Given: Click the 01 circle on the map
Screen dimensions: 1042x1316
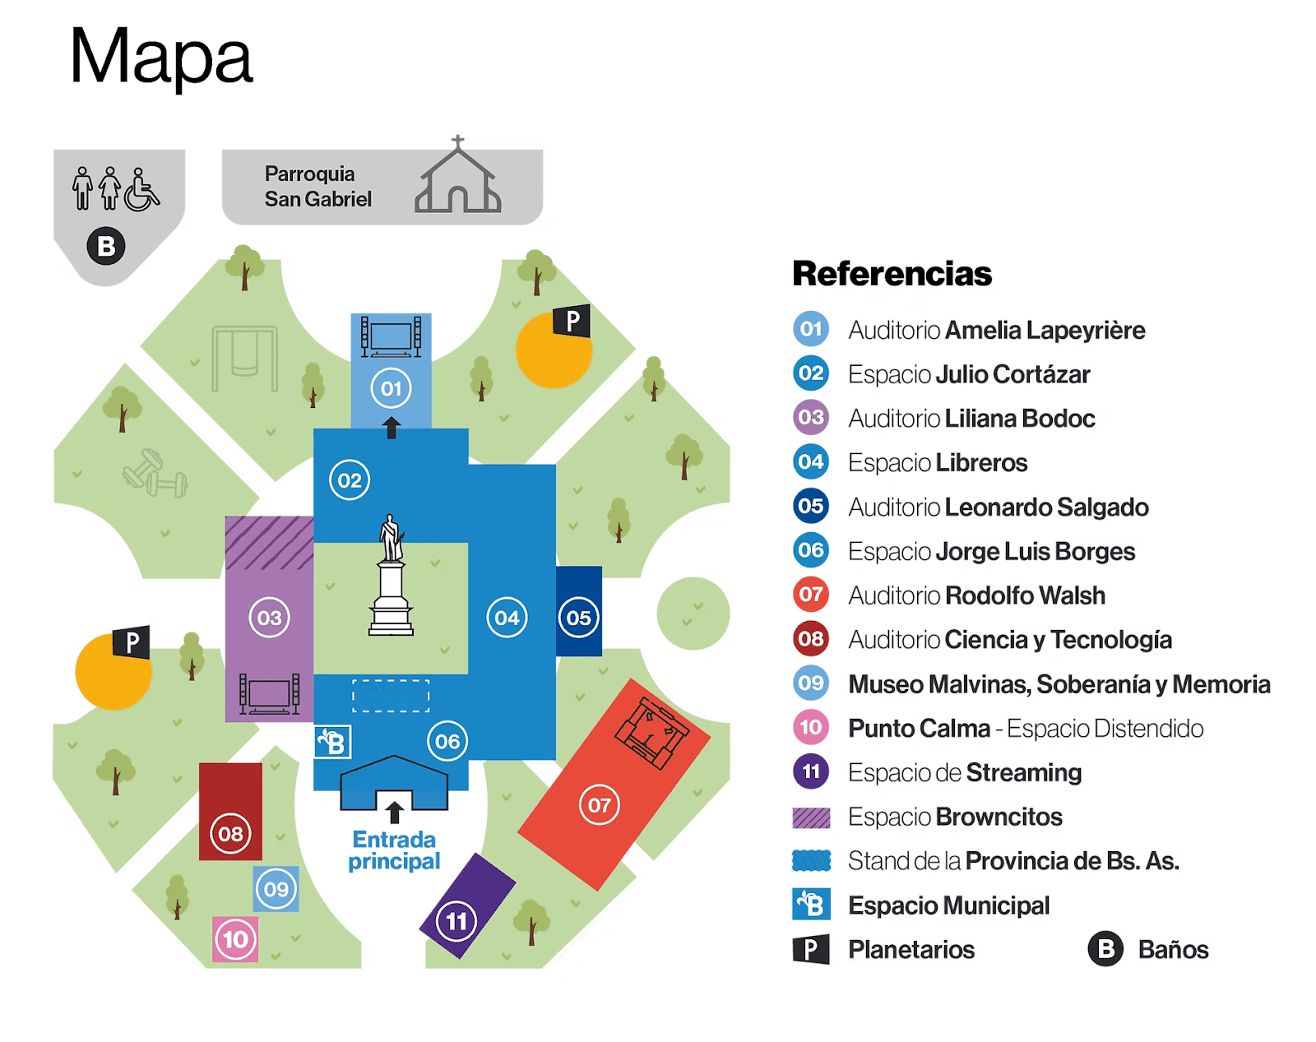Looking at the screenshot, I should (391, 388).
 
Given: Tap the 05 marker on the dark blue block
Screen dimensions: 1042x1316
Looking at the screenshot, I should (578, 618).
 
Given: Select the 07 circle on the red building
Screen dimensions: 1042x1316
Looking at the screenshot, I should (599, 805).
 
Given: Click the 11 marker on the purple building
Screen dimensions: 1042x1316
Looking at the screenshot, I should (456, 920).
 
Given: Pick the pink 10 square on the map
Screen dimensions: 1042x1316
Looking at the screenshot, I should (235, 939).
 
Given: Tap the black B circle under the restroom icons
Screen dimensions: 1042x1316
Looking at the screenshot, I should (106, 246).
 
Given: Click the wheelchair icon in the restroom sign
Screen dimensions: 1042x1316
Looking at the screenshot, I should (142, 190).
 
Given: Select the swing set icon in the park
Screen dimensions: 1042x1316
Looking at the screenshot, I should (244, 359).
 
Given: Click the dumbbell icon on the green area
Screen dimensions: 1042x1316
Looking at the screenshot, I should (155, 474).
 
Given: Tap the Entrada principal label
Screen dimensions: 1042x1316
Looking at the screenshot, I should (394, 850).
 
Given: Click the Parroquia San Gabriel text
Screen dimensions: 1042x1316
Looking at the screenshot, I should (317, 187).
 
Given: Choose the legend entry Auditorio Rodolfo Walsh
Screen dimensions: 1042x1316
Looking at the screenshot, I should (976, 595).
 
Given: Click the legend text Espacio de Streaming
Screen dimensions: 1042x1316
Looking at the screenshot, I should (964, 773).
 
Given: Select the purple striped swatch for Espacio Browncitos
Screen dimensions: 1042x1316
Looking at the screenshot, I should (811, 817).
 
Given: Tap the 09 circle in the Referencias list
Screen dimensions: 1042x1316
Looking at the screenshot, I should (811, 683).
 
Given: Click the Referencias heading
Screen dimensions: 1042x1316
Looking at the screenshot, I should (892, 274).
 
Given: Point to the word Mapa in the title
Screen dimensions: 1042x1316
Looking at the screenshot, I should (160, 58).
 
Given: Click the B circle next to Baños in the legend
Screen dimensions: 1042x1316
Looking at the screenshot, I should (1105, 949).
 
